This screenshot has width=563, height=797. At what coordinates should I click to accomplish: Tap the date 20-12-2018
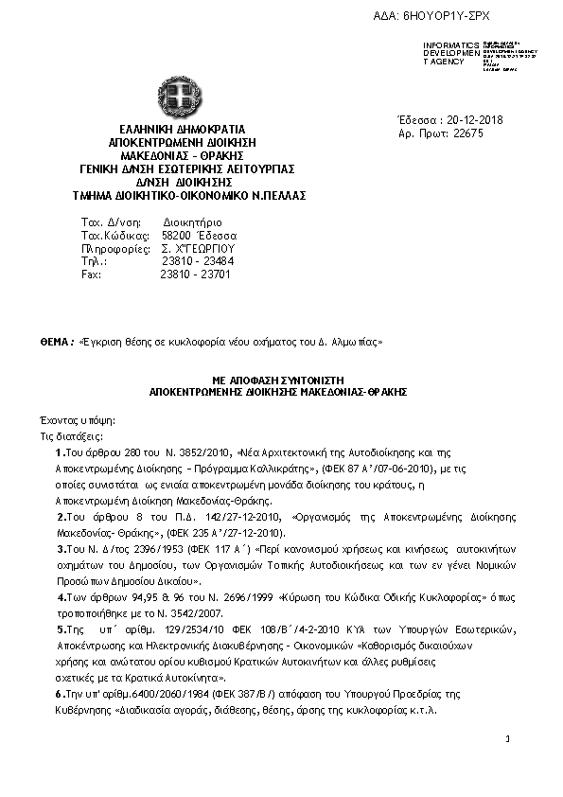[472, 119]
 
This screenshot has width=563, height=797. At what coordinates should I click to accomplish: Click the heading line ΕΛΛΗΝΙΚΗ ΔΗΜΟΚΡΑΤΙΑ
[182, 129]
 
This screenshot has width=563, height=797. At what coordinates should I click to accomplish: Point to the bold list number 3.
[60, 548]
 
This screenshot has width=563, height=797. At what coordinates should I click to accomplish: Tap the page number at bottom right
[508, 738]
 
